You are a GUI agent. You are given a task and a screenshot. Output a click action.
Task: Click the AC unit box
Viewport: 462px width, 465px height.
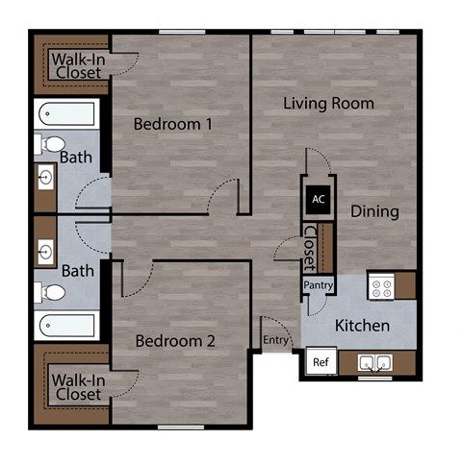[318, 200]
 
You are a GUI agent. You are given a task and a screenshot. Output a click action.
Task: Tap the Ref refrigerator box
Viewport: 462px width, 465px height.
[319, 363]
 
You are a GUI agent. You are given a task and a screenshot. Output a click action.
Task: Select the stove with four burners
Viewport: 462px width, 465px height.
[380, 285]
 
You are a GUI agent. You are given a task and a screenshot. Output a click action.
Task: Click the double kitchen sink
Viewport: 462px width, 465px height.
[374, 363]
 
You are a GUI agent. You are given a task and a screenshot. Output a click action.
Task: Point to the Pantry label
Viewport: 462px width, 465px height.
[318, 285]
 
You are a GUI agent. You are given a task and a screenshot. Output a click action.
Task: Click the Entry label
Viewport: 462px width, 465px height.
[275, 339]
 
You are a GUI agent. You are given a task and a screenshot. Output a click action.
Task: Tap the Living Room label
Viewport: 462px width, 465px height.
[328, 103]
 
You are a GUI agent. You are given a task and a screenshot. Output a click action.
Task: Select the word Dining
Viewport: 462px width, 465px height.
[374, 211]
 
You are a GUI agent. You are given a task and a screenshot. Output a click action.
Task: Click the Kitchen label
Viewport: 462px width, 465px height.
[362, 326]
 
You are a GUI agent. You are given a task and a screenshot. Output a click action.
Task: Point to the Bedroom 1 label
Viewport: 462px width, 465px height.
[172, 124]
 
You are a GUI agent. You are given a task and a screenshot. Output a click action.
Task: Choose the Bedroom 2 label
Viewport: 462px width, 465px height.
[174, 340]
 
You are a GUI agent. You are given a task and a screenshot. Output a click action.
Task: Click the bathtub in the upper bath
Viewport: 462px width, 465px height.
[66, 117]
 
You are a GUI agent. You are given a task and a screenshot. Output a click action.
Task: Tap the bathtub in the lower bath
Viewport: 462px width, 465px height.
[66, 327]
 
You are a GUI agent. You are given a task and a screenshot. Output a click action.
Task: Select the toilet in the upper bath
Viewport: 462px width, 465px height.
[48, 145]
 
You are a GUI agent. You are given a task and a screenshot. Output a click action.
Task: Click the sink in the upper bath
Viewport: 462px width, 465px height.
[44, 178]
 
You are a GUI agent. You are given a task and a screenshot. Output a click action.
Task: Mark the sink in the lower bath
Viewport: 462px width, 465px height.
[44, 253]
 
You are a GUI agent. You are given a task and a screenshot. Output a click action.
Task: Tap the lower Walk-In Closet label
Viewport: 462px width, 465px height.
[77, 386]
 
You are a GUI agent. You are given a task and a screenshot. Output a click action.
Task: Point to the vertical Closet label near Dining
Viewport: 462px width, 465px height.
[309, 248]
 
